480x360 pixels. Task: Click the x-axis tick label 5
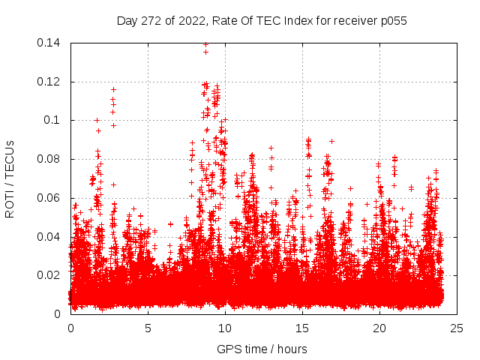[x=148, y=328]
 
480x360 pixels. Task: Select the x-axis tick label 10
[x=225, y=328]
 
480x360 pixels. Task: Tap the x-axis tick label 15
[x=302, y=328]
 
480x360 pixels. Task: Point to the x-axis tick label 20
[x=379, y=328]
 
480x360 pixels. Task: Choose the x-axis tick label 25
[x=457, y=328]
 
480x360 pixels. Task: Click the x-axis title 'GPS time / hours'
[x=262, y=349]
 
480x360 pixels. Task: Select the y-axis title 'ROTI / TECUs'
[x=10, y=178]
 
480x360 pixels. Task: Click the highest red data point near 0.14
[x=205, y=44]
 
